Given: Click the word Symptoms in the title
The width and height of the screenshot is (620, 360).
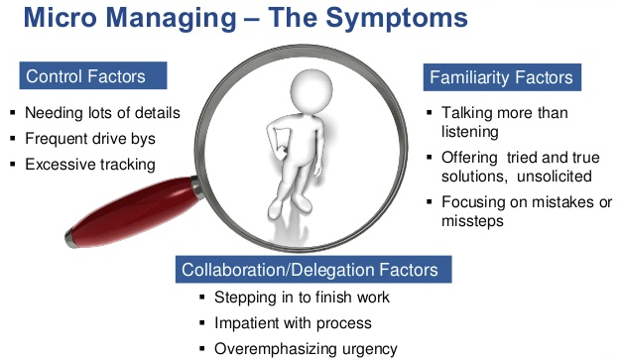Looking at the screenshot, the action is (x=397, y=19).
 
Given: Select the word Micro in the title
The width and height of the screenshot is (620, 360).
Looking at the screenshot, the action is (x=60, y=17).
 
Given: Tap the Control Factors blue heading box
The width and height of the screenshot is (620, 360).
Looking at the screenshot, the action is (x=93, y=75).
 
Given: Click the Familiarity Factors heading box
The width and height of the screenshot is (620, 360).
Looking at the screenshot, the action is (x=502, y=77).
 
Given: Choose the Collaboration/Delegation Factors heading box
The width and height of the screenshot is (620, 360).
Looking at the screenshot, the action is (x=313, y=270).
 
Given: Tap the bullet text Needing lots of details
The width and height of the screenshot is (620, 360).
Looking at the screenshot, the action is (x=102, y=113).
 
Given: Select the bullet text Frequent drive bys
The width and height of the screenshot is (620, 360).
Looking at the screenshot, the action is (x=90, y=139).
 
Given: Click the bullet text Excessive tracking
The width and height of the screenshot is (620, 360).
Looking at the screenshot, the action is (x=90, y=165).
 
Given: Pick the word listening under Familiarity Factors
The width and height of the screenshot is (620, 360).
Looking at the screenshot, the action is (x=470, y=132).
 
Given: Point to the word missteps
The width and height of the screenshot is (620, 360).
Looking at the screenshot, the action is (x=472, y=221).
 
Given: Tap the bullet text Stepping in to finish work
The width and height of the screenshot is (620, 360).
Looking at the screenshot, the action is (x=302, y=298).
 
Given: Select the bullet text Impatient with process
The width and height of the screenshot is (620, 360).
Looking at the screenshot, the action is (x=293, y=323).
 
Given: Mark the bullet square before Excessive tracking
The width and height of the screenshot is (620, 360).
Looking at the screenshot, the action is (x=13, y=164).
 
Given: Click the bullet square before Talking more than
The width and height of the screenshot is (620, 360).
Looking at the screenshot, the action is (x=430, y=113).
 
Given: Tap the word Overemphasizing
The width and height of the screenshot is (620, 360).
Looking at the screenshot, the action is (x=276, y=349).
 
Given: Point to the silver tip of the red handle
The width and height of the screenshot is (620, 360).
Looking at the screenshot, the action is (x=71, y=238).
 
